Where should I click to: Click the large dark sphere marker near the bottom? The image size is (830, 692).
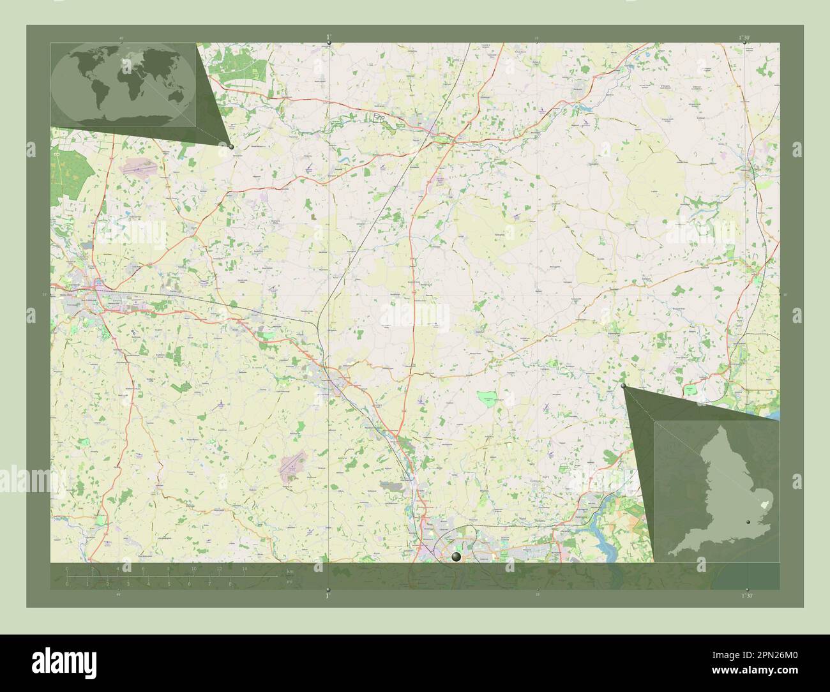(x=456, y=557)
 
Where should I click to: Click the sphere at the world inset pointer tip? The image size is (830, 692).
(x=231, y=146)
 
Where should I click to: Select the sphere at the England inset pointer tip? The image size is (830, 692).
(x=624, y=386)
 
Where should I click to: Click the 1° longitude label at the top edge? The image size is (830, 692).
(x=329, y=36)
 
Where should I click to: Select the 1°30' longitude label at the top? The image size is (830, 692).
(x=746, y=37)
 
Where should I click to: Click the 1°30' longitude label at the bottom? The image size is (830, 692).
(x=747, y=595)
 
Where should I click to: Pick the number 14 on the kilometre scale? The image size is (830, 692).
(x=244, y=568)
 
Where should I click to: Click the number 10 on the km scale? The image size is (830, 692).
(x=193, y=568)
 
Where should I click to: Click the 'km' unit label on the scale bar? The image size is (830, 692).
(x=290, y=570)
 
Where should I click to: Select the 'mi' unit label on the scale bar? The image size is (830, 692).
(x=289, y=581)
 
